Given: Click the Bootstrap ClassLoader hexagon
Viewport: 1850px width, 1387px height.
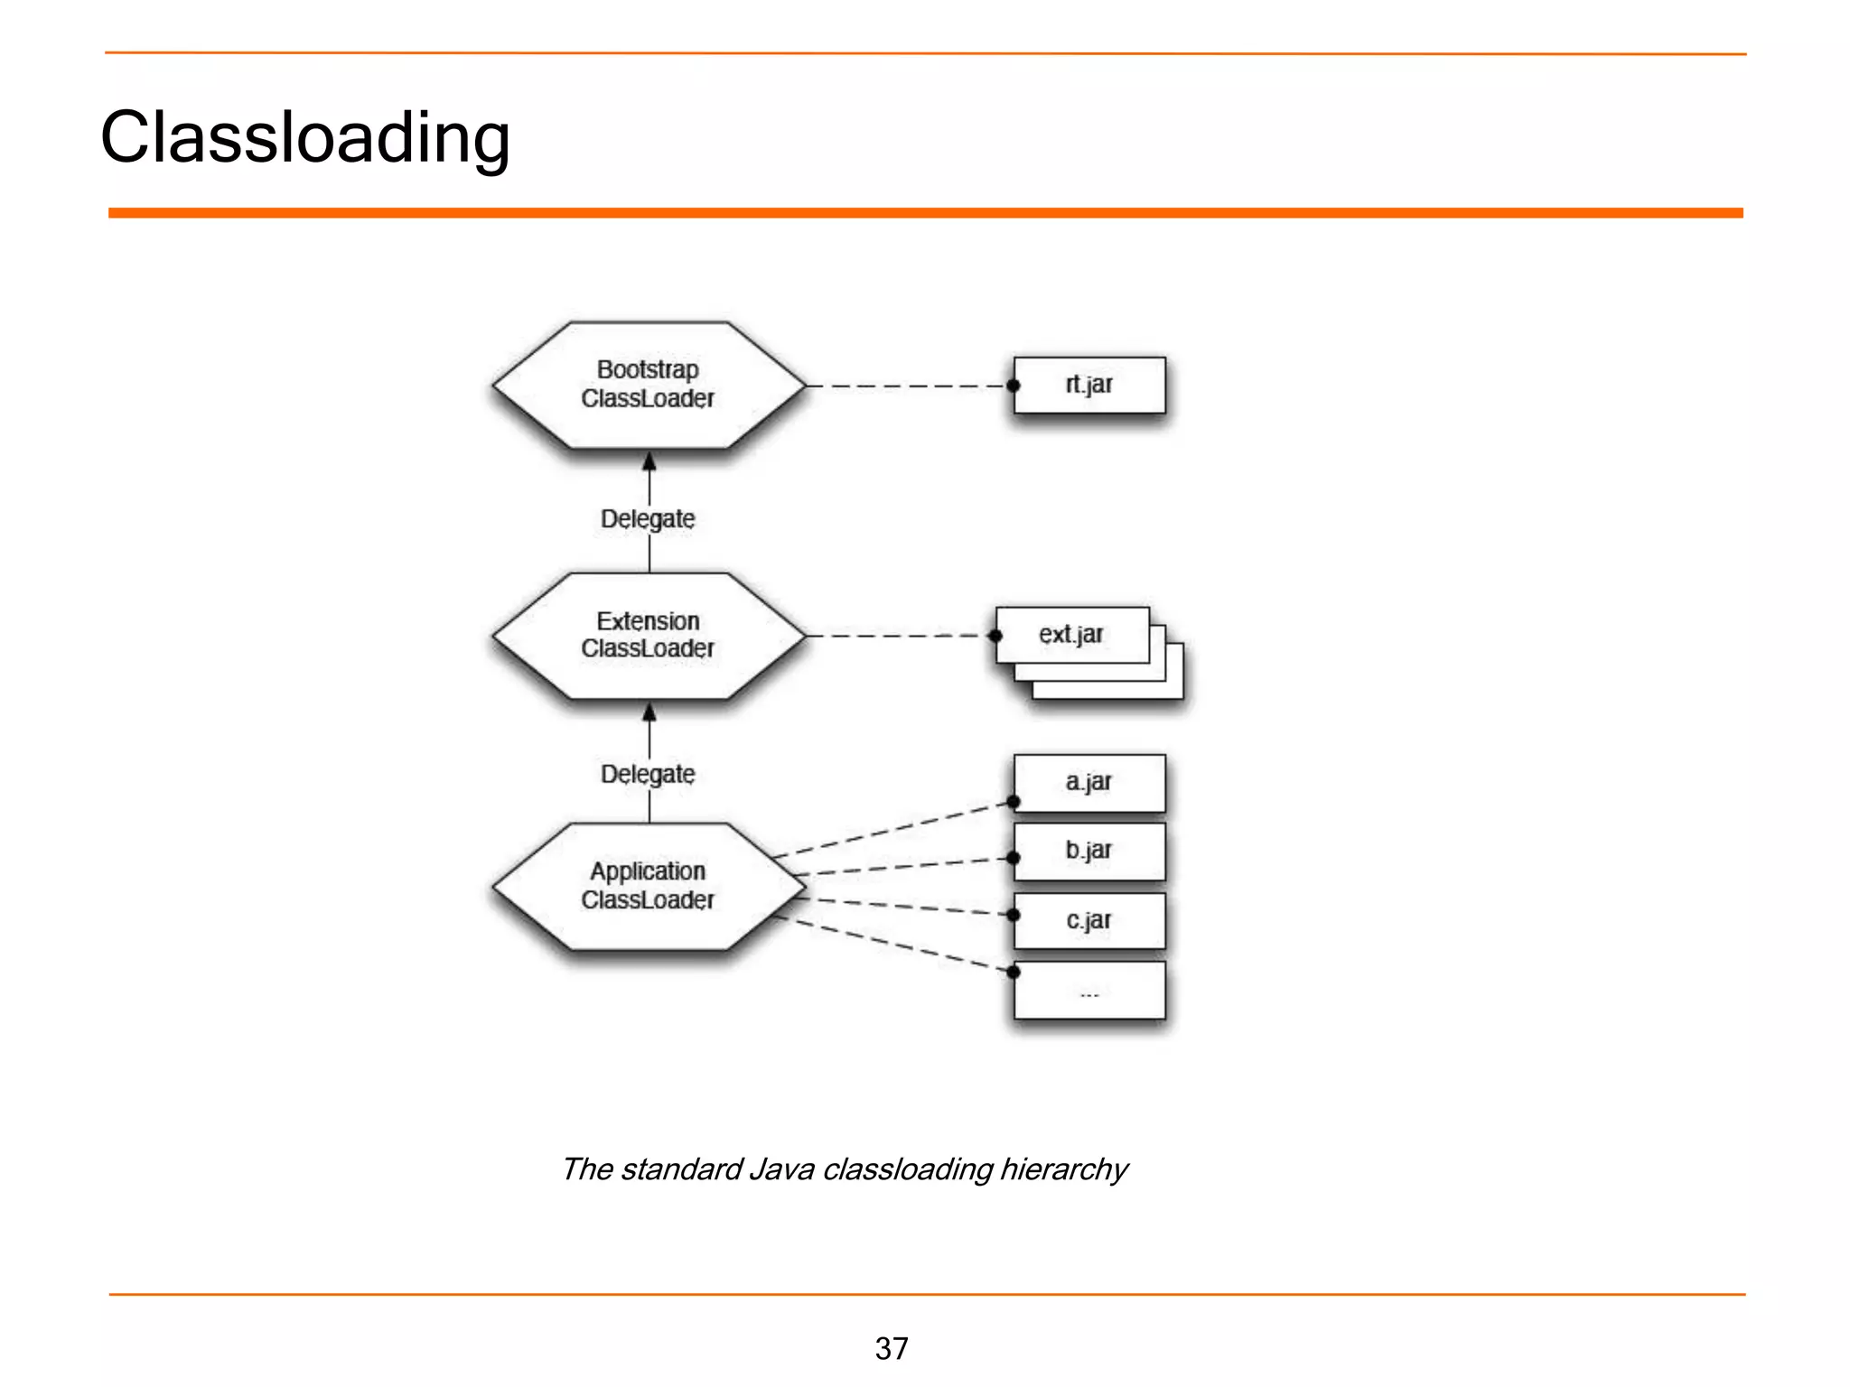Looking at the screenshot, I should (x=648, y=385).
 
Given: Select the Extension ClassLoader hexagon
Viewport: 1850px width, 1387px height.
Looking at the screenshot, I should (x=648, y=636).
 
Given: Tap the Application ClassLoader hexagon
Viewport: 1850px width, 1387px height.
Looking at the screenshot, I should (x=648, y=886).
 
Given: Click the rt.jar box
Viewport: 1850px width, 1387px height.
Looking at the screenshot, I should (x=1089, y=386).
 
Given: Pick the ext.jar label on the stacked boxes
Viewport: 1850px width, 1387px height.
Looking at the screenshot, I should (x=1071, y=635).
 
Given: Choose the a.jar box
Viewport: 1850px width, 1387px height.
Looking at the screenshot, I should (x=1089, y=783).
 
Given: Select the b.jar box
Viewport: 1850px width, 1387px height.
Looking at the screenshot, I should (x=1089, y=852).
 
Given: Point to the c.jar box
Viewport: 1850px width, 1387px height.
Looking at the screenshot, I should (x=1089, y=921).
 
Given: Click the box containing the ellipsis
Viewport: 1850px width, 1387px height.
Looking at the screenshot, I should (x=1089, y=991).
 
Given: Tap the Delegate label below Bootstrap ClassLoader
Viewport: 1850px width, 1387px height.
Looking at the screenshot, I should (x=648, y=519).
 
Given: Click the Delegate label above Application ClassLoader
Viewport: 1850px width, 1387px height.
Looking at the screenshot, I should (x=648, y=775).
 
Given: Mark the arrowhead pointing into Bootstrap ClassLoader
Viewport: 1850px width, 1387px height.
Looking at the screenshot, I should (x=649, y=462).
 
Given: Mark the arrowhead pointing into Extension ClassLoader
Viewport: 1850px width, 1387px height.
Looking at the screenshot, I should (x=649, y=713).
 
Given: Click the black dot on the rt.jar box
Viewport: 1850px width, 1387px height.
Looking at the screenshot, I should (x=1014, y=386).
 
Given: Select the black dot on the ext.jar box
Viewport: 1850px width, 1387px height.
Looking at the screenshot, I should (x=995, y=636).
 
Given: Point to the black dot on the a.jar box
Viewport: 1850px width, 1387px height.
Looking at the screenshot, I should (x=1014, y=802).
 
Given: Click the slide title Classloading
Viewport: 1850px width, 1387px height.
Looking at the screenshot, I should (x=305, y=137).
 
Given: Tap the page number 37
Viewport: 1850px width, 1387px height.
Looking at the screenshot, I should (x=892, y=1348).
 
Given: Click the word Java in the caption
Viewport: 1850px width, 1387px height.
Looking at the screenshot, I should (x=781, y=1169).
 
